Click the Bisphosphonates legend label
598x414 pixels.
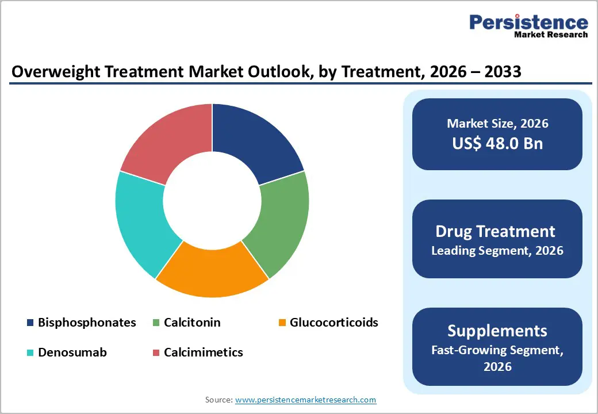(x=87, y=323)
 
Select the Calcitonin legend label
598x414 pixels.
(x=192, y=323)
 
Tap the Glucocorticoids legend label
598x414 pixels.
(x=334, y=323)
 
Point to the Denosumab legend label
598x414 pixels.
(x=72, y=352)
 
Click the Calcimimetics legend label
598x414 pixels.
(x=203, y=352)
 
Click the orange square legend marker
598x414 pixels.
(x=282, y=323)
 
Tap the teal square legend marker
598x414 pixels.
(x=30, y=353)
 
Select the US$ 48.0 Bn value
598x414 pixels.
(x=497, y=144)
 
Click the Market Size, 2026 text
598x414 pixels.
(x=497, y=124)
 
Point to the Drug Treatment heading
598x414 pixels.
(x=495, y=231)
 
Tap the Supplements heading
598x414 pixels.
(x=497, y=331)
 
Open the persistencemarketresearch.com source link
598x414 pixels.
(x=305, y=400)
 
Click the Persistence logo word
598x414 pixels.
(x=528, y=22)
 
